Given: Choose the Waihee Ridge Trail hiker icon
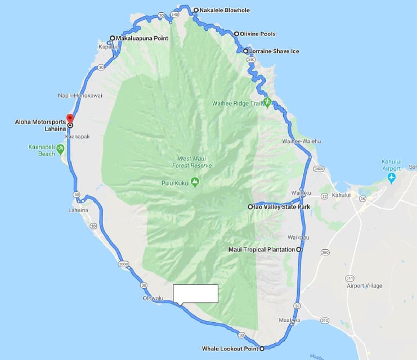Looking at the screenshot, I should [267, 102].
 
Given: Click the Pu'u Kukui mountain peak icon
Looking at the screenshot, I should [195, 181].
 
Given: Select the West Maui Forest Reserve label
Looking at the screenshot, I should [192, 163].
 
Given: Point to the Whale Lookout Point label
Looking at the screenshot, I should [231, 349].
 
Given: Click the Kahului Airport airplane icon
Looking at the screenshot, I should [392, 178].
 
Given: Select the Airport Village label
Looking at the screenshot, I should [365, 286].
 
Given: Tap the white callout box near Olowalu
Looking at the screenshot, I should [195, 294].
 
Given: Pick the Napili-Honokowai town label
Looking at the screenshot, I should [80, 96].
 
